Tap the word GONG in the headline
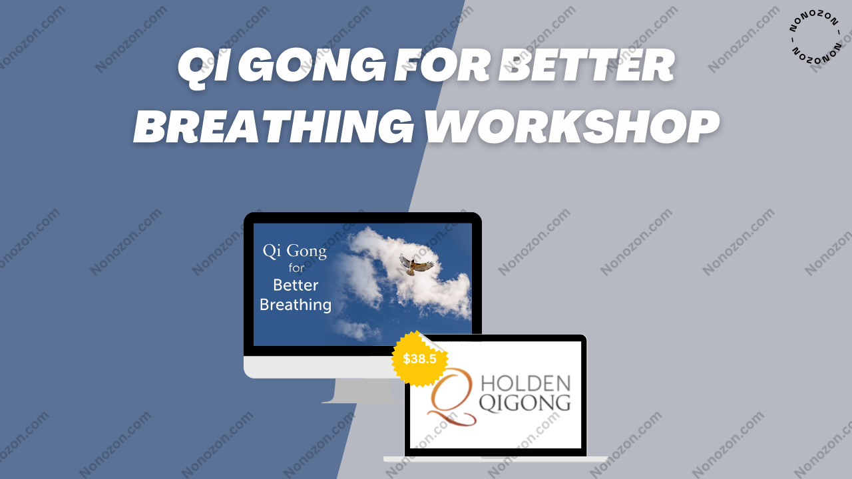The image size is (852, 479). (x=312, y=65)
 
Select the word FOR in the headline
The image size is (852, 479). (x=441, y=65)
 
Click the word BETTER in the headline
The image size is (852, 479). (x=586, y=65)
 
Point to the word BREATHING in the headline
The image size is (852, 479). (x=274, y=126)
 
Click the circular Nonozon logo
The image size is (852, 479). (x=815, y=36)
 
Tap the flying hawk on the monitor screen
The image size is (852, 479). (x=416, y=264)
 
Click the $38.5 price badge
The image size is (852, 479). (x=419, y=359)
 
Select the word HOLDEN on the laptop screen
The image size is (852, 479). (x=526, y=383)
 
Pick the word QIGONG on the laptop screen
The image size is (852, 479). (x=525, y=403)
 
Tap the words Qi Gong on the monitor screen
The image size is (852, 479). (x=295, y=251)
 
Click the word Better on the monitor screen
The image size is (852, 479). (x=296, y=285)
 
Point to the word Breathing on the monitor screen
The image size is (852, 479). (x=296, y=305)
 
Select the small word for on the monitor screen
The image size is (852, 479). (x=296, y=267)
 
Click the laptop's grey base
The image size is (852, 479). (x=495, y=459)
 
